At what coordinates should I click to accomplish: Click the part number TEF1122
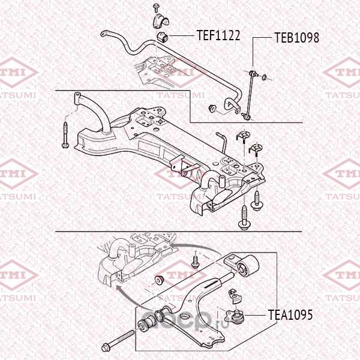click(218, 35)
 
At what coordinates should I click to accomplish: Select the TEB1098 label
click(296, 38)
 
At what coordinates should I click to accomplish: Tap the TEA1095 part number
click(290, 315)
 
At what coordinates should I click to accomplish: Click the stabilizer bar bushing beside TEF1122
click(163, 37)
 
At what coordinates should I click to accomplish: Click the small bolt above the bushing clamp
click(155, 7)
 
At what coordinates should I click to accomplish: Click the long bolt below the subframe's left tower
click(65, 135)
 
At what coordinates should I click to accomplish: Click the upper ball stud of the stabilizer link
click(253, 73)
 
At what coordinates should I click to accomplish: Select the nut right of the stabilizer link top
click(265, 77)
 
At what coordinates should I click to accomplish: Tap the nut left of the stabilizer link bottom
click(212, 109)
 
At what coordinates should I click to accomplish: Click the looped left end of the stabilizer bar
click(104, 34)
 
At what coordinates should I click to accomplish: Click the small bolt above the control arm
click(195, 262)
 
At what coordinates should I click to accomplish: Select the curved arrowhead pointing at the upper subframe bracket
click(173, 245)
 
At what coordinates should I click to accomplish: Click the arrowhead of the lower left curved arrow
click(118, 289)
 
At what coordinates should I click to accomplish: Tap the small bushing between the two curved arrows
click(159, 280)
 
